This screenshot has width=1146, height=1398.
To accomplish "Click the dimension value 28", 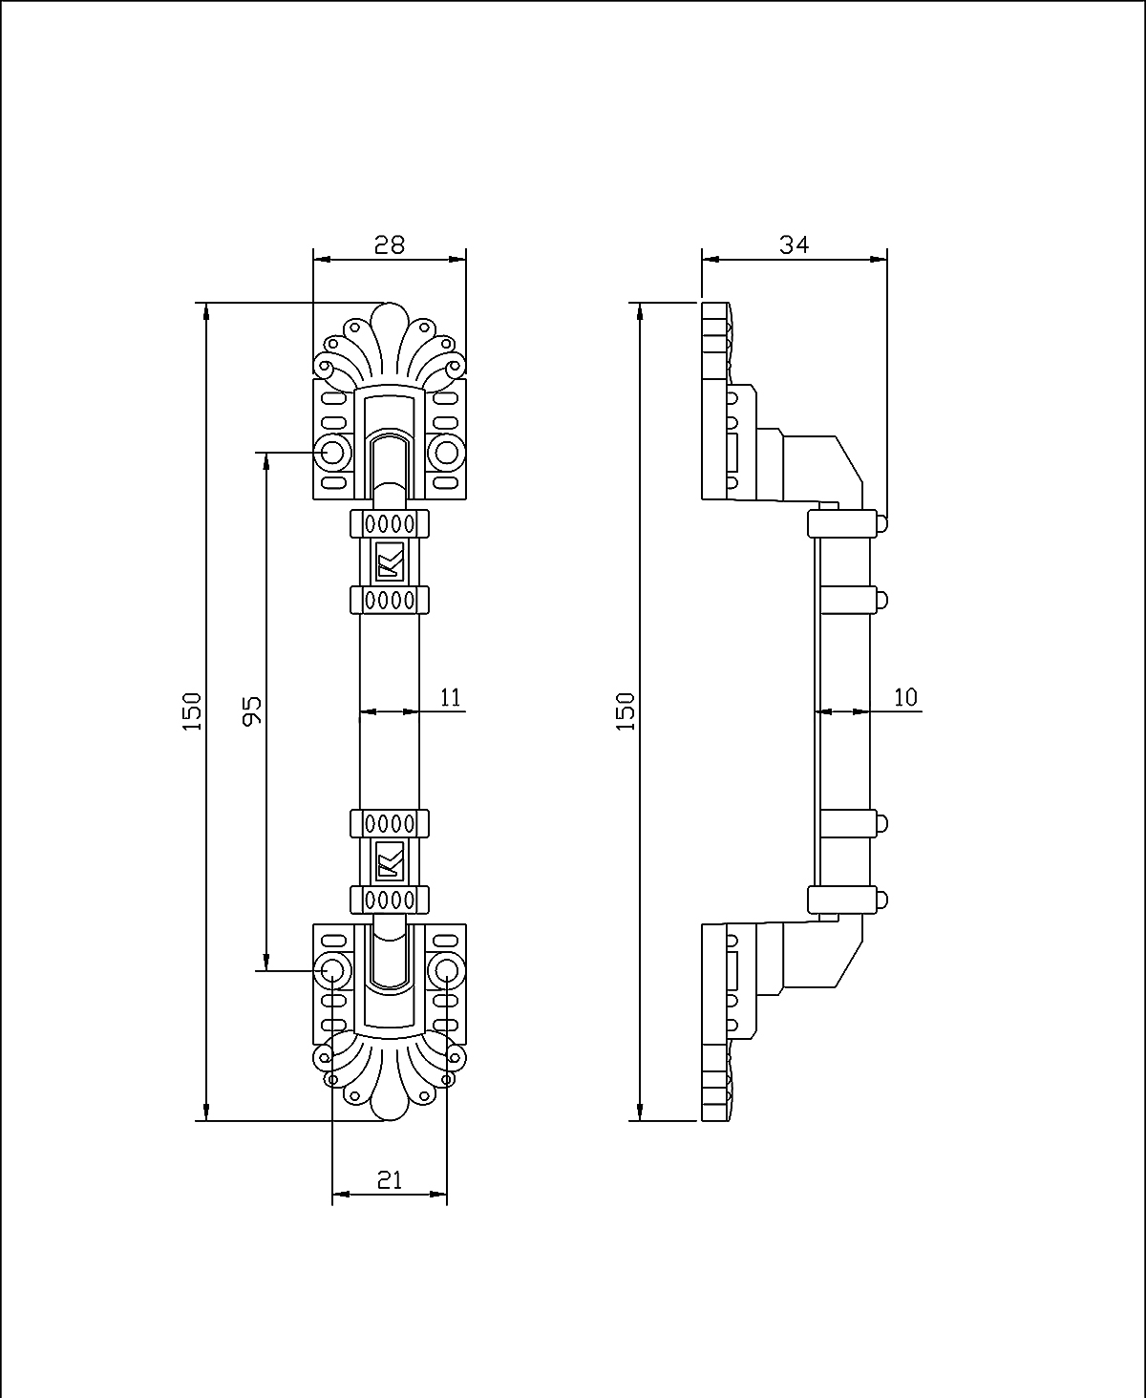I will [389, 245].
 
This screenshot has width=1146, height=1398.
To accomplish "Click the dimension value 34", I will [794, 244].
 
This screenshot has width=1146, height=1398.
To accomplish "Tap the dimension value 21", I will [389, 1180].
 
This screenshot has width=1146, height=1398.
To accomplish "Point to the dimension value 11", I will [451, 697].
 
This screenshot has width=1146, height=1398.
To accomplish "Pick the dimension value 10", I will [904, 697].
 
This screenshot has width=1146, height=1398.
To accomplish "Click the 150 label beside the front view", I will [193, 711].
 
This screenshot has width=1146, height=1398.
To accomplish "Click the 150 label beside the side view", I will [626, 711].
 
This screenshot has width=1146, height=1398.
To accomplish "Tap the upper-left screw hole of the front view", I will [332, 452].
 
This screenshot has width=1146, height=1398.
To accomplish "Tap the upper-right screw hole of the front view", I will [446, 452].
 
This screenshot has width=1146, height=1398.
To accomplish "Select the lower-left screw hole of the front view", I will [332, 971].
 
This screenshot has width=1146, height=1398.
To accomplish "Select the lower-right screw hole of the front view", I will [446, 971].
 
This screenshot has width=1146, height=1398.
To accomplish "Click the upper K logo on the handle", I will [390, 563].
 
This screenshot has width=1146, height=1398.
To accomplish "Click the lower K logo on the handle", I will [390, 860].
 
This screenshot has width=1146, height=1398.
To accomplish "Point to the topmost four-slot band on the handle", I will [390, 523].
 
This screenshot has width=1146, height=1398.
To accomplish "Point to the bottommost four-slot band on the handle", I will [390, 900].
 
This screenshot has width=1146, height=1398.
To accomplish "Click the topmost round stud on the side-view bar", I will [881, 523].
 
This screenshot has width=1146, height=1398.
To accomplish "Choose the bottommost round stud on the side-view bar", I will [881, 900].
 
